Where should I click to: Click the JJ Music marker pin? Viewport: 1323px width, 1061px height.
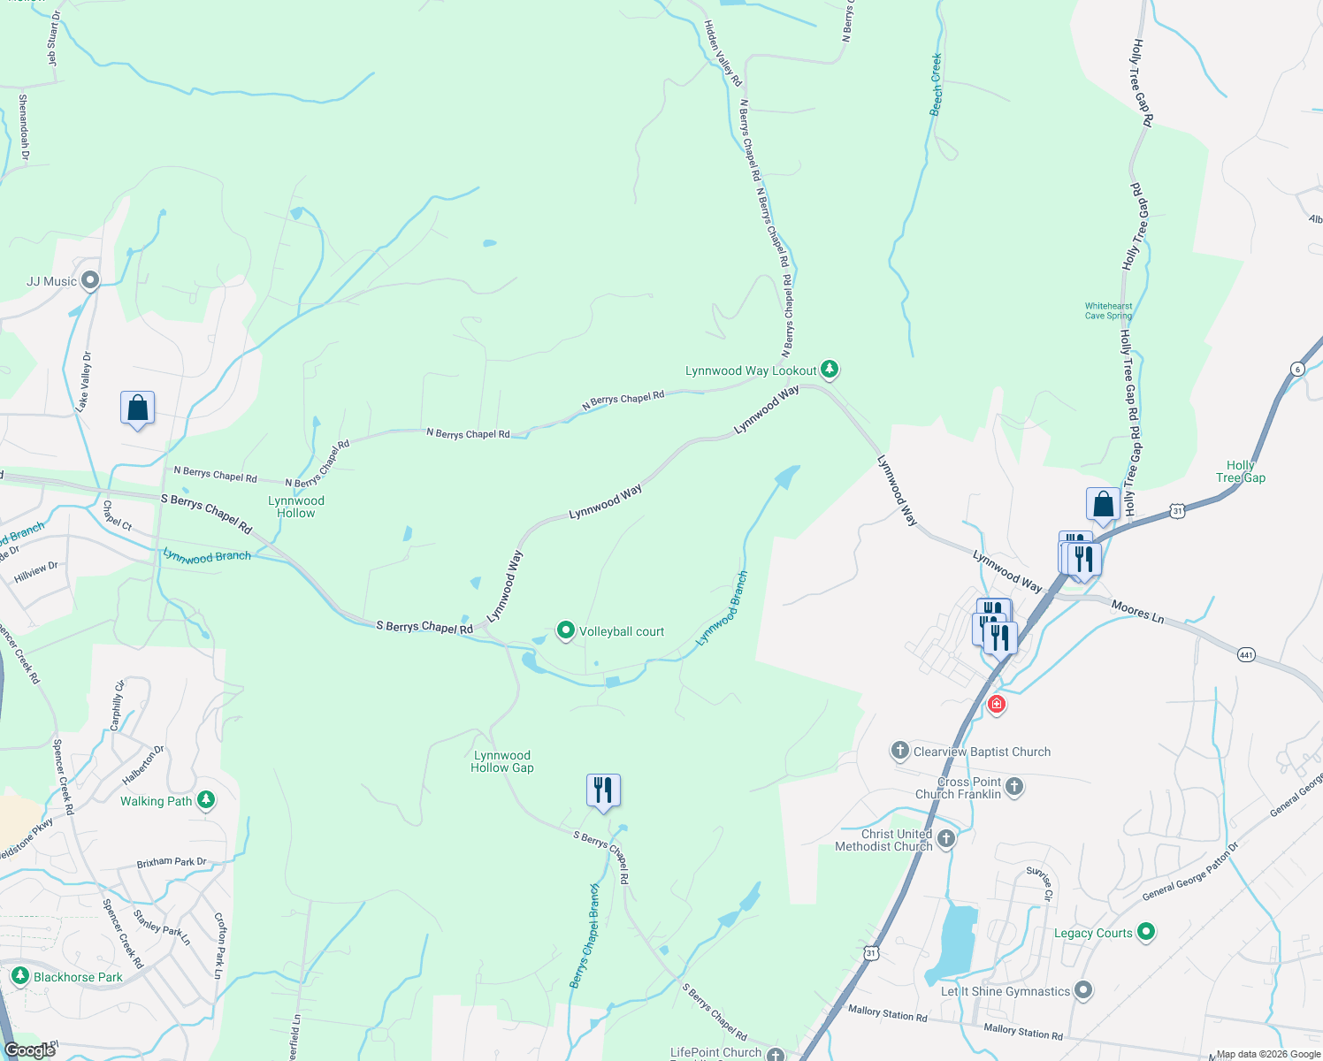point(89,281)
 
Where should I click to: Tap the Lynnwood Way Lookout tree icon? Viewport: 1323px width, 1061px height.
point(829,369)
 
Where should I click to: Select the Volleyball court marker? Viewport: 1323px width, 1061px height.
point(566,630)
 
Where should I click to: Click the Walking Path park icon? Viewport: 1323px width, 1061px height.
point(206,800)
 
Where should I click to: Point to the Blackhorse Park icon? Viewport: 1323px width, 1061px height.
point(19,976)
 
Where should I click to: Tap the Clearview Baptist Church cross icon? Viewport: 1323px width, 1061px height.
point(899,752)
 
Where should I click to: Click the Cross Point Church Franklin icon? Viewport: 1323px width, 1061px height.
point(1014,786)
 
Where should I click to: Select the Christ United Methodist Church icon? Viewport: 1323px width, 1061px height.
point(946,838)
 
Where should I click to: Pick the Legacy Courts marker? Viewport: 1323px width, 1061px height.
point(1146,931)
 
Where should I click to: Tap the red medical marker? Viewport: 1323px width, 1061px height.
point(997,704)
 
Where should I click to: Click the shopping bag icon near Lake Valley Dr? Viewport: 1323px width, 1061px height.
point(138,408)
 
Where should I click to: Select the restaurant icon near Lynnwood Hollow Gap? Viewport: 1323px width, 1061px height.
point(603,789)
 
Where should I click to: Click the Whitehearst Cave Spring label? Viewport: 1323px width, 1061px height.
point(1108,310)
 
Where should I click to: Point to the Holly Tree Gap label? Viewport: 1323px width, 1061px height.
point(1240,471)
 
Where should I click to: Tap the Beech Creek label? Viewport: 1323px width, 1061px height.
point(936,85)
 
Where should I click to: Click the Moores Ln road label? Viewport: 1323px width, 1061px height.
point(1137,611)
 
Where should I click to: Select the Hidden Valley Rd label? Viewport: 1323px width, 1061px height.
point(723,53)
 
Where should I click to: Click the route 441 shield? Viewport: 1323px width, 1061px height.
point(1246,655)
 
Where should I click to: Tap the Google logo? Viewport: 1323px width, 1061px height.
point(30,1050)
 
